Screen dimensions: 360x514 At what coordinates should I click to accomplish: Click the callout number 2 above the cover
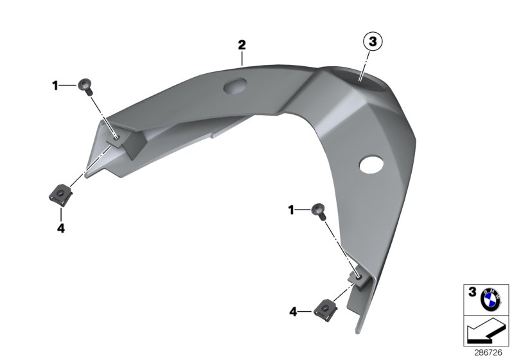click(242, 45)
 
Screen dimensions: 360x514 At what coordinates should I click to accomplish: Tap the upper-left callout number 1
click(55, 84)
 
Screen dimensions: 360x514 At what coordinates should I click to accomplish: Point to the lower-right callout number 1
click(291, 209)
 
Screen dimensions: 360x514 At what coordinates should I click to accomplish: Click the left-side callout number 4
click(60, 228)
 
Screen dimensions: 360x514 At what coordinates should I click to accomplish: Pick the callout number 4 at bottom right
click(292, 312)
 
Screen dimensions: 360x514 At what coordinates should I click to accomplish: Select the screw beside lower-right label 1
click(317, 209)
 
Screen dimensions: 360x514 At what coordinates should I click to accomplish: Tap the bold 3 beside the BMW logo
click(472, 292)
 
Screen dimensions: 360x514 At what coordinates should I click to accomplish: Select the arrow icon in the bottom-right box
click(485, 332)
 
